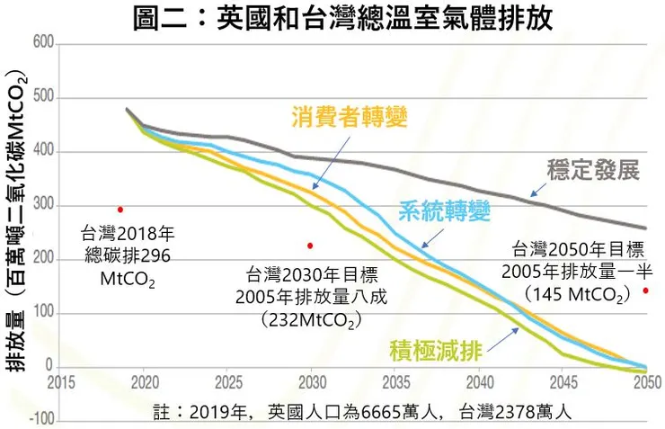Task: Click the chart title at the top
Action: pos(342,18)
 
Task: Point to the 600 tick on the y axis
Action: pos(43,43)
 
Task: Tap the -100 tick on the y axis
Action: pos(42,420)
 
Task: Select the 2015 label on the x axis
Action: pos(61,382)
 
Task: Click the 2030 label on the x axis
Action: pos(313,382)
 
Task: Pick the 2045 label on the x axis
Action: pos(563,382)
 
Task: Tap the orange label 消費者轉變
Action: pos(350,116)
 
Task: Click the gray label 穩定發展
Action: pos(593,170)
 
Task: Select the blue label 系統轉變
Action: pos(445,210)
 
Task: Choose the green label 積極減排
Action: pos(436,351)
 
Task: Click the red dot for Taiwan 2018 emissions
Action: pos(120,210)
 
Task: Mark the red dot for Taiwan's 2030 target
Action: pos(310,246)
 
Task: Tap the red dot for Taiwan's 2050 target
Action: pos(645,290)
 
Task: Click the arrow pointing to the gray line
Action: pos(538,190)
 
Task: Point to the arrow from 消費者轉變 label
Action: pos(332,163)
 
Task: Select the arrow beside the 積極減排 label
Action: pos(503,339)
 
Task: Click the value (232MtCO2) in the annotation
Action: pos(312,320)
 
